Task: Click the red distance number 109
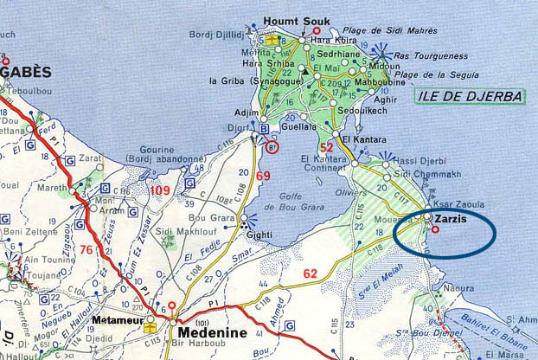160,190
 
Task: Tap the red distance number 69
263,177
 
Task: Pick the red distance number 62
311,274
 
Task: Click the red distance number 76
86,250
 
